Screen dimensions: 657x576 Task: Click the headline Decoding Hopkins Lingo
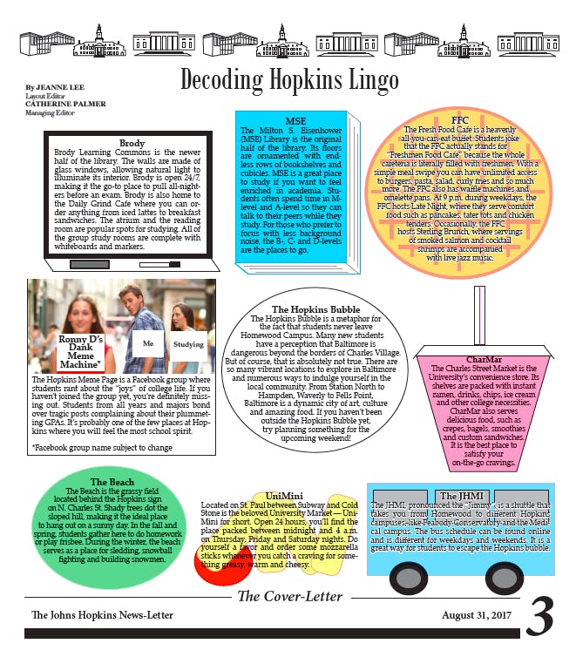point(288,79)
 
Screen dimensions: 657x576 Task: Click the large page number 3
point(539,618)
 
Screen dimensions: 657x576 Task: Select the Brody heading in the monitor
point(132,143)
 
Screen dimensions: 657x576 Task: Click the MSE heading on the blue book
point(295,120)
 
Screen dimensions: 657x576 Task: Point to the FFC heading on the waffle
point(460,119)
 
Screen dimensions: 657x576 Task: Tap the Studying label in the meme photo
point(188,344)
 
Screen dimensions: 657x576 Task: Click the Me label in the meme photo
point(148,343)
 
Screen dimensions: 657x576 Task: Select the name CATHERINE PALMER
point(65,104)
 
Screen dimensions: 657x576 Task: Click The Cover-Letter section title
point(290,597)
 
